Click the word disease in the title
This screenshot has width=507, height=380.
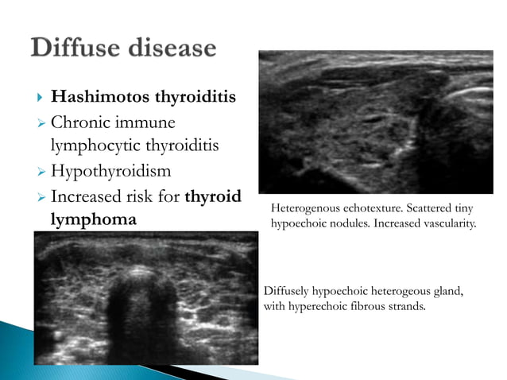pyautogui.click(x=168, y=48)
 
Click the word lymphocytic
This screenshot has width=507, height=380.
pyautogui.click(x=99, y=146)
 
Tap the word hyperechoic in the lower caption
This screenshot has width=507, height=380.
pyautogui.click(x=319, y=307)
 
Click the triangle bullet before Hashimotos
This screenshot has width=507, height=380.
pyautogui.click(x=39, y=99)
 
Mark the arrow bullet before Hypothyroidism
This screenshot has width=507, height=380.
pyautogui.click(x=39, y=172)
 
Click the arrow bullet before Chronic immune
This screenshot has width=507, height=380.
pyautogui.click(x=39, y=123)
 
